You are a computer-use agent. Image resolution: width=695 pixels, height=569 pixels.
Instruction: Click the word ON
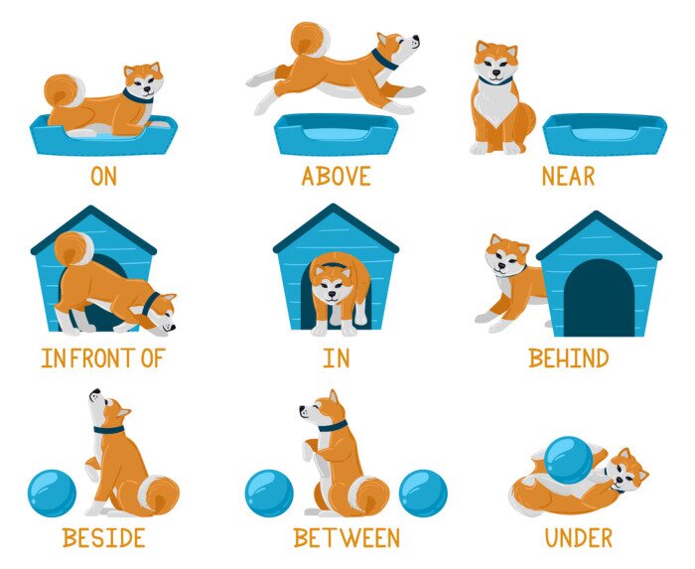(x=103, y=177)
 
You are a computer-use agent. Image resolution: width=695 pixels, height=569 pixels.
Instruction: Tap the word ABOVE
(x=337, y=177)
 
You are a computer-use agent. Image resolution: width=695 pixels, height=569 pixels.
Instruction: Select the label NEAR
(x=568, y=177)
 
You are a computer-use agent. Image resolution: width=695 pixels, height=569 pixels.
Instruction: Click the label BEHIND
(x=569, y=357)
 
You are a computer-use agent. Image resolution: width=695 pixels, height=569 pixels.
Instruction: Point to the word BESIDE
(x=103, y=538)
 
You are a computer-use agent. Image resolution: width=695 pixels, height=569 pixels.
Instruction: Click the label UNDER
(x=579, y=538)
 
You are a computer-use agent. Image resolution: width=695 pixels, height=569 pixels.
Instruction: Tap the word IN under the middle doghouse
(x=336, y=357)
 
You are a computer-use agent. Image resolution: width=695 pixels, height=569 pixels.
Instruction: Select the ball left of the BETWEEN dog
(x=269, y=494)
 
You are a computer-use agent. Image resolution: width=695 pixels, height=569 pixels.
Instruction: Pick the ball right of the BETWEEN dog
(x=423, y=494)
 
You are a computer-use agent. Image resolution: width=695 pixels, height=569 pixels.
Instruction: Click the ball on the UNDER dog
(x=567, y=460)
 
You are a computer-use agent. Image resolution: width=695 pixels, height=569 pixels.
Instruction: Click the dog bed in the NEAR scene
(x=605, y=133)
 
